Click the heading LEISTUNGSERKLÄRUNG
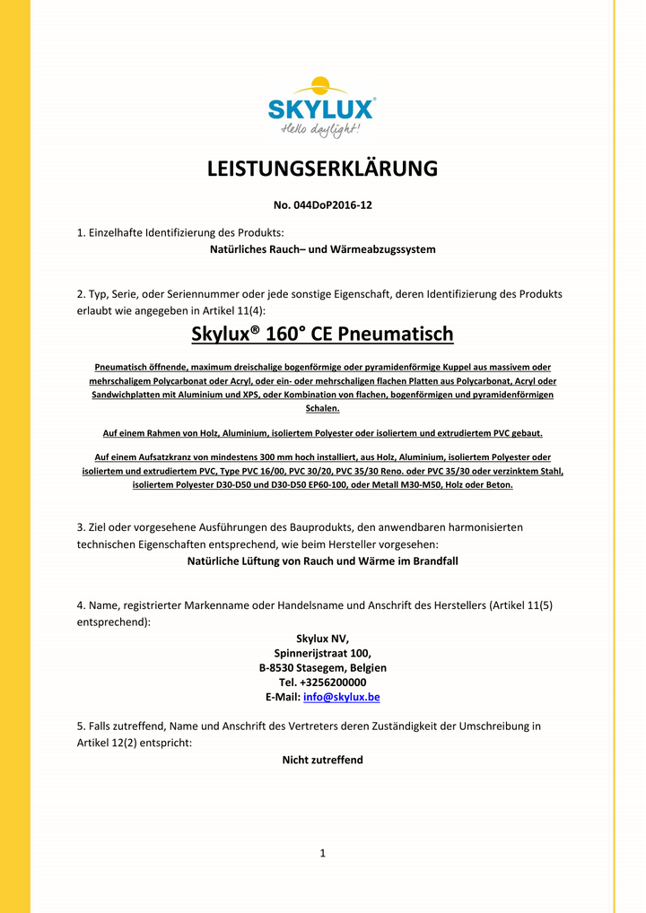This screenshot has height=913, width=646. point(322,169)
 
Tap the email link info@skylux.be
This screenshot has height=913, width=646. point(342,697)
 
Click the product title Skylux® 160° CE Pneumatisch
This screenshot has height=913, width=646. point(322,335)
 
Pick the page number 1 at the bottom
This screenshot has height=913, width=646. point(322,853)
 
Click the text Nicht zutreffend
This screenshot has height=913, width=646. point(322,760)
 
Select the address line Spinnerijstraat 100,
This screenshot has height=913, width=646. point(322,653)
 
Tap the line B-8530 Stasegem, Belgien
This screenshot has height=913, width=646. point(322,668)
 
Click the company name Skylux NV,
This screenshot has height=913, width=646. point(322,639)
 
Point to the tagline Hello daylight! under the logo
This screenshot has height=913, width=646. point(320,130)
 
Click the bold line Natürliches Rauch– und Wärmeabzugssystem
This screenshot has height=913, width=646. point(322,249)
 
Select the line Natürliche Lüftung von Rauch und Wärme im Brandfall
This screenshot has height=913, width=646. point(322,561)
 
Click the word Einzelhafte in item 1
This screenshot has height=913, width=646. point(117,232)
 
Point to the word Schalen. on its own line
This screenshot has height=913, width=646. point(322,408)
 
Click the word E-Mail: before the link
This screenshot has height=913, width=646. point(283,697)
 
